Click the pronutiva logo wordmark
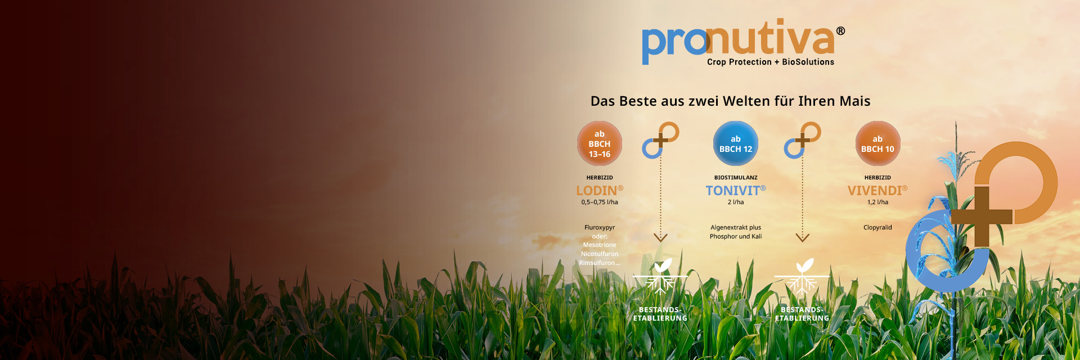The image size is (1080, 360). pos(738,40)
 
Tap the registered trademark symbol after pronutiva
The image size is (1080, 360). pos(840,31)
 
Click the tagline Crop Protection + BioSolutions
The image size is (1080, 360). pos(771,62)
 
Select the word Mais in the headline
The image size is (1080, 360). pos(855,101)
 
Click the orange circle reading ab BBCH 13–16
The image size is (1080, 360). pos(600,144)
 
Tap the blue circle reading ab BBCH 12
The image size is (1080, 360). pos(736,144)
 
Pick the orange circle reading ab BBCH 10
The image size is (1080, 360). pos(877,144)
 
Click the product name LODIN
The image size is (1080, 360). pos(597,191)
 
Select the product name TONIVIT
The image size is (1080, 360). pos(733,191)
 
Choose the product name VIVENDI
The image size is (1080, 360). pos(875,191)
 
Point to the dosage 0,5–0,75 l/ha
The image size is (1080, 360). pos(600,202)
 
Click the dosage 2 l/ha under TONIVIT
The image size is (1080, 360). pos(736,202)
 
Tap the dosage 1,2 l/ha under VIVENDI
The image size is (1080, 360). pos(877,202)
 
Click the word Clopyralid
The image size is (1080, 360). pos(877,227)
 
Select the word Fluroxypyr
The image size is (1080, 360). pos(600,227)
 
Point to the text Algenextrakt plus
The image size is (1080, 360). pos(736,227)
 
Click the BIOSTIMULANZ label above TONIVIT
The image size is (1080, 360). pos(736,178)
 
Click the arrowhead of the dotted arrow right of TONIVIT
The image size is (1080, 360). pos(802,237)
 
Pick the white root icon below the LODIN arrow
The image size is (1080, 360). pos(660,277)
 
